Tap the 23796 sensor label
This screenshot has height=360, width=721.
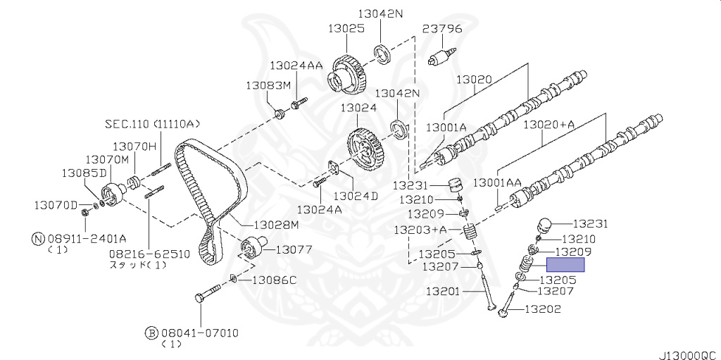[442, 30]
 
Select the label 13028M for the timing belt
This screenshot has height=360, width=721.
[276, 225]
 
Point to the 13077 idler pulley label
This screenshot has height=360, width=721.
[294, 249]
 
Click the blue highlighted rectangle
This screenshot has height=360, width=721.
[566, 265]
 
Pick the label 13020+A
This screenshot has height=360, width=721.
[548, 125]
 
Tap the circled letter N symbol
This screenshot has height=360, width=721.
[38, 238]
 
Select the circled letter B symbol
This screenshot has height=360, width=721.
[150, 332]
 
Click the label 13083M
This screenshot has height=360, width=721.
[268, 85]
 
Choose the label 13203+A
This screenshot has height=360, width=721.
[420, 230]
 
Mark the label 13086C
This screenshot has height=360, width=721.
[272, 280]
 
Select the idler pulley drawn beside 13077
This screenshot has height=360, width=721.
[253, 249]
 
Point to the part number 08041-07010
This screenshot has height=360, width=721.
[199, 332]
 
